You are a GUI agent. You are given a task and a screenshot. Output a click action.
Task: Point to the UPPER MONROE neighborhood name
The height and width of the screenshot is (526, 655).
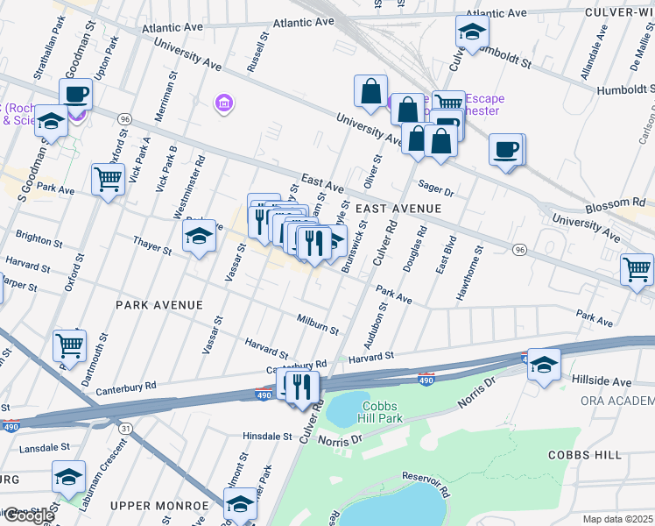click(x=159, y=506)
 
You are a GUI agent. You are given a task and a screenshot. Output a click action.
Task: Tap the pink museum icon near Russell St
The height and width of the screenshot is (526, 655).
click(x=224, y=105)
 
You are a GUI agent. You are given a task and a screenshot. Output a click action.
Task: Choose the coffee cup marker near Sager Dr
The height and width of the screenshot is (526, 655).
click(x=506, y=150)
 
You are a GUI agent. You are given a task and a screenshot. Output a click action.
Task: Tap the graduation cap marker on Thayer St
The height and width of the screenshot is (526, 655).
click(x=200, y=236)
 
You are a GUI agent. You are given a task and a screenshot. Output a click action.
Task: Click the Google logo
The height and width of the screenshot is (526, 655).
click(x=28, y=515)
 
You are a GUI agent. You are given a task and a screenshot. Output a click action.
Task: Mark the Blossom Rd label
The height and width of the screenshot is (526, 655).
click(x=627, y=202)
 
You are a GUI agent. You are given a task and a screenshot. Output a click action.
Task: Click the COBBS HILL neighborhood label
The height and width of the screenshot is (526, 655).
click(x=585, y=455)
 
